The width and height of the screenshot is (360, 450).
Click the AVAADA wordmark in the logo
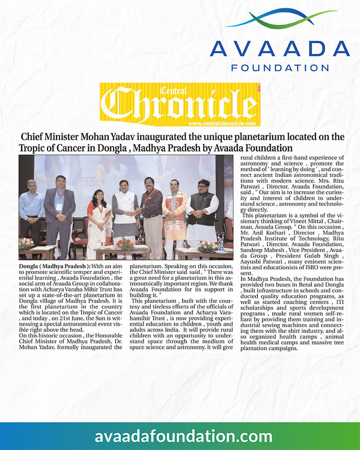279,49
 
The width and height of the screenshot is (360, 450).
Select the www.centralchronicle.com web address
222,123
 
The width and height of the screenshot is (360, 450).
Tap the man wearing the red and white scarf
174,216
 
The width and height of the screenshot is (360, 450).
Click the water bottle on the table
221,243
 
